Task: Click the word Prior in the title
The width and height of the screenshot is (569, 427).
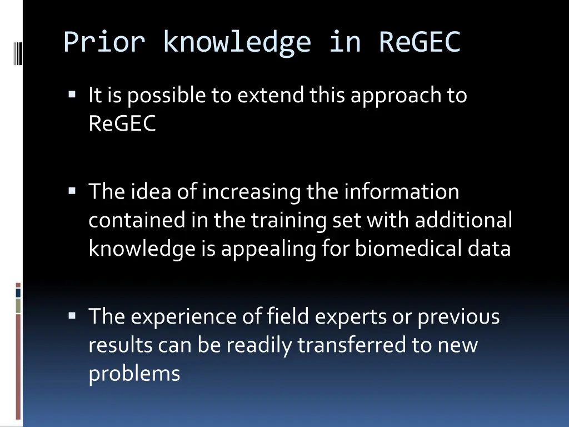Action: coord(104,42)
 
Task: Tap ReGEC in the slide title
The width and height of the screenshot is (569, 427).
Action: coord(420,42)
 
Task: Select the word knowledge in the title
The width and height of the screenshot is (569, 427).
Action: coord(237,42)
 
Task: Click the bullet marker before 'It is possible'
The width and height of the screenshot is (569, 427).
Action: coord(72,95)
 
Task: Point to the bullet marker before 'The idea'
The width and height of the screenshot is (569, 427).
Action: coord(72,191)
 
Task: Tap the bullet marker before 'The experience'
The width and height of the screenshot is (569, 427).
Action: coord(72,316)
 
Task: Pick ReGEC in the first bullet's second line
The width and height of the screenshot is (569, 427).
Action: coord(122,124)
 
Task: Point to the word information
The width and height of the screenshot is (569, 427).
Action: coord(401,192)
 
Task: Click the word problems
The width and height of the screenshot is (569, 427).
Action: coord(134,374)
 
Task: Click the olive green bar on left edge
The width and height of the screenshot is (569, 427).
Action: coord(18,306)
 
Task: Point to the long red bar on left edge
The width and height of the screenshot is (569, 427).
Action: coord(18,367)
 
